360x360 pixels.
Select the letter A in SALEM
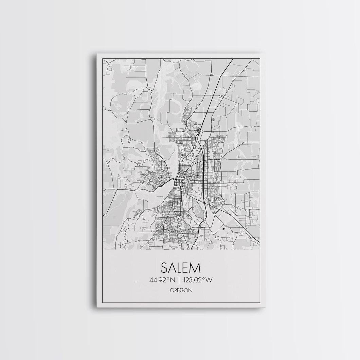(x=172, y=267)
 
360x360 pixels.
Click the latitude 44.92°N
(x=161, y=280)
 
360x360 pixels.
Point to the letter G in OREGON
(x=182, y=290)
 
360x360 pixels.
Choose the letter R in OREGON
(x=175, y=290)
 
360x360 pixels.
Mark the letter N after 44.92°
(x=173, y=280)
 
